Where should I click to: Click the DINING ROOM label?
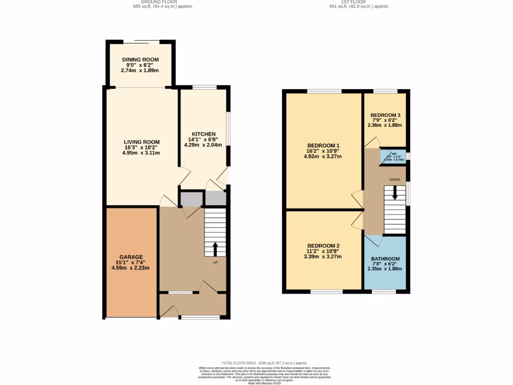point(140,60)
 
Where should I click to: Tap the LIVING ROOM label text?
point(141,142)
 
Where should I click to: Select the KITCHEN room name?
point(204,134)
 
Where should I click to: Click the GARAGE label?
point(131,257)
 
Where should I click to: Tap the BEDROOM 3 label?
point(385,115)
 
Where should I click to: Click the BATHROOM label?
point(385,259)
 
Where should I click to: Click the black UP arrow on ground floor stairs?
point(216,249)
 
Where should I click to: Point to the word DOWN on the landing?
point(395,179)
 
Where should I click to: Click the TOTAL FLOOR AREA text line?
point(265,362)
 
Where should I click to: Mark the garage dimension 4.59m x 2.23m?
point(131,268)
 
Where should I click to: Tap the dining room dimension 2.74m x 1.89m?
point(140,71)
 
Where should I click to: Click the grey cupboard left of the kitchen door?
point(189,199)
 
